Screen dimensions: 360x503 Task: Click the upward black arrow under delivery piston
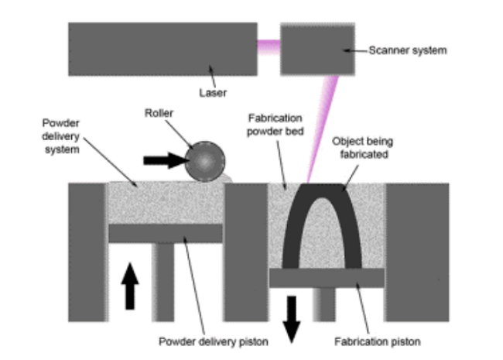[x=130, y=285]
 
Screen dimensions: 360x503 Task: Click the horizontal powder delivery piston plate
[x=166, y=233]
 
